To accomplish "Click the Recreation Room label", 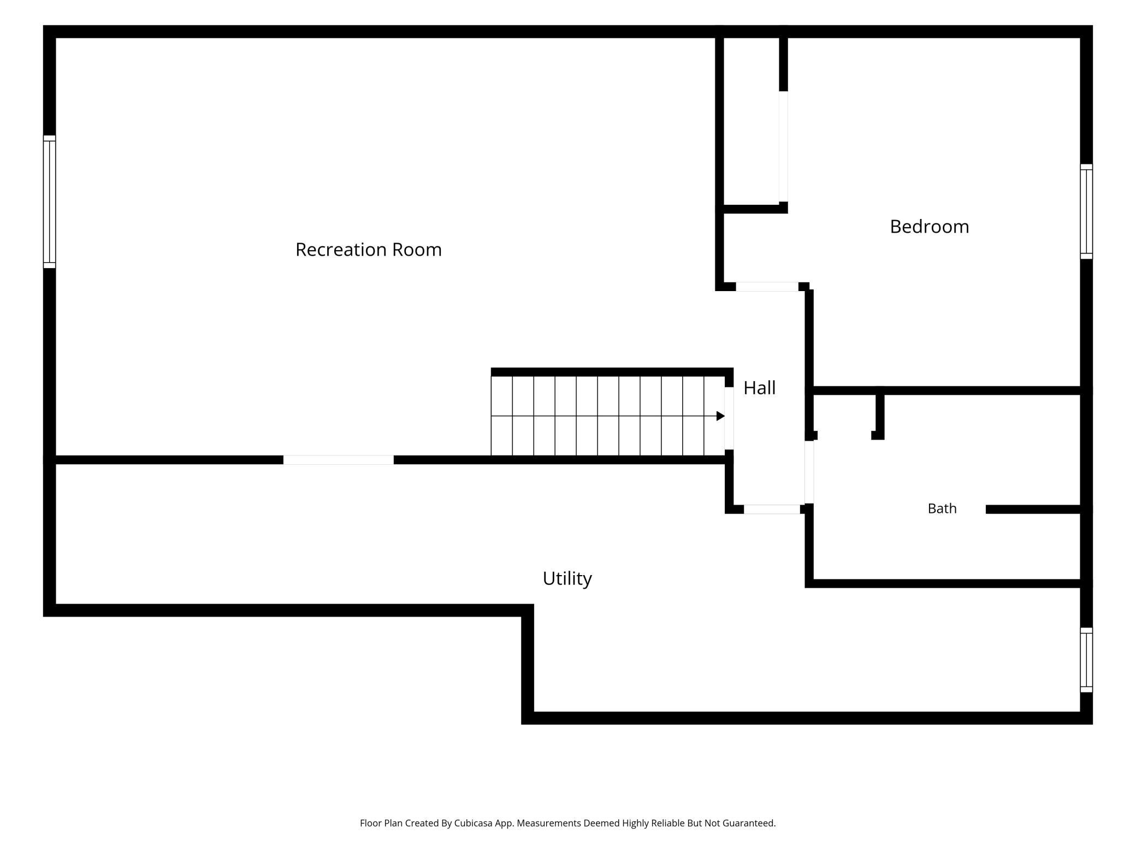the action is point(369,250).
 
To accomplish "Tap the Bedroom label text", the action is point(930,227).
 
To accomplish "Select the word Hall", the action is point(759,388).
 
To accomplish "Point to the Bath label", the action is point(942,508).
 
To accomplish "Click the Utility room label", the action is point(567,578).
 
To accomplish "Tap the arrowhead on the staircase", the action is point(720,416).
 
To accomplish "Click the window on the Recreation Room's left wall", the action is point(50,202).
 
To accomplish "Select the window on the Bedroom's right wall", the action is point(1086,211).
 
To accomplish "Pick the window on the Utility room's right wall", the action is point(1086,660).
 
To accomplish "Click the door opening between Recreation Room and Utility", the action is point(339,460).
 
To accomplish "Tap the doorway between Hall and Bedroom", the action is point(767,287).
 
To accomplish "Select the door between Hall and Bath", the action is point(809,472).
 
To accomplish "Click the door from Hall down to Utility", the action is point(772,510).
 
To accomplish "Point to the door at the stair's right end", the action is point(729,418).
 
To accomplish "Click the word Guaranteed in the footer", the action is point(749,823).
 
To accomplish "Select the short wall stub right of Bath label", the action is point(1033,510).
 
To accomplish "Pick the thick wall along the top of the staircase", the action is point(612,372).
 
